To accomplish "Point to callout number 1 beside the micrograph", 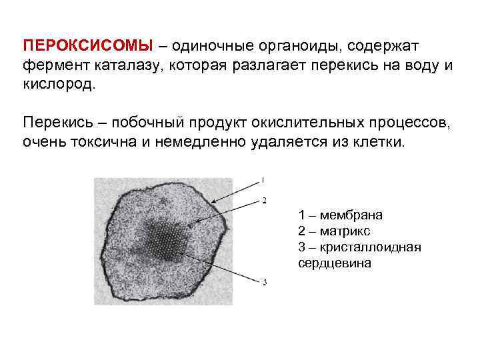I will coord(263,179).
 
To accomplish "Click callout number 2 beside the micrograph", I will coord(264,200).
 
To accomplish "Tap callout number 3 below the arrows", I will coord(264,283).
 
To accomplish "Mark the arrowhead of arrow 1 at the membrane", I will coord(212,203).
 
